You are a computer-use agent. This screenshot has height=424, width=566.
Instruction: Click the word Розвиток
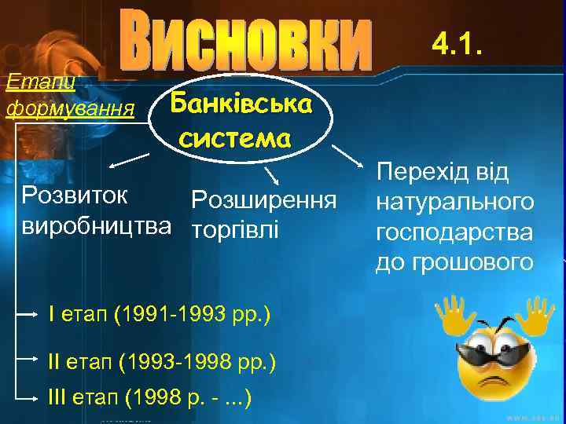(75, 195)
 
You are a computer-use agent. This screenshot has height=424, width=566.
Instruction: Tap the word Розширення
(263, 200)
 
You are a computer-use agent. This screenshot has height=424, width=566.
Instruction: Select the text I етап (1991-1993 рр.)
(159, 316)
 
